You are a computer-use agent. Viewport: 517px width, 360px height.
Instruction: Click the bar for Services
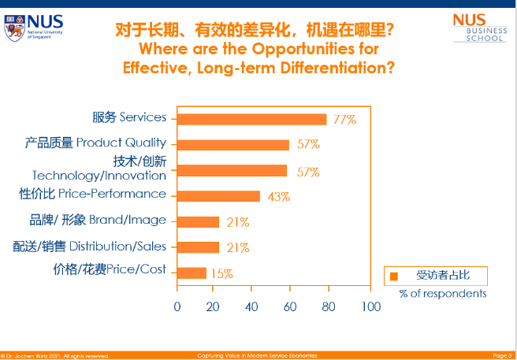251,119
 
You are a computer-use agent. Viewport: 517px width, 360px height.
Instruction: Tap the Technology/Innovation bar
232,170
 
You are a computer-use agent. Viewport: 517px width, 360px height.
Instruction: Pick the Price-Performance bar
218,196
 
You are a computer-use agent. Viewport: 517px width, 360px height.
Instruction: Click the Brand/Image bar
198,222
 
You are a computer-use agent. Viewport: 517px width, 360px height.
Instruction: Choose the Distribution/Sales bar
198,247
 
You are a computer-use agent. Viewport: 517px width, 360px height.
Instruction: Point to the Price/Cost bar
192,273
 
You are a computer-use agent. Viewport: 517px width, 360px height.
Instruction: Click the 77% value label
344,120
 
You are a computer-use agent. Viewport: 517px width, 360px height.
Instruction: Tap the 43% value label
279,197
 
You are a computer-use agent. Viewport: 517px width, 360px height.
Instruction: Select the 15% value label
221,273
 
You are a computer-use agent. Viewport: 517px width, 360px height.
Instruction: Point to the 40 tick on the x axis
252,306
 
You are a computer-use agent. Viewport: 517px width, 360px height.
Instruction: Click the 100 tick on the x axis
370,306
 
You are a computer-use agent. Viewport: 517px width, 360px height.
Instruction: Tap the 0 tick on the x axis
177,306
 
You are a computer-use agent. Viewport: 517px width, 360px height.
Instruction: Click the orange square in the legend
393,276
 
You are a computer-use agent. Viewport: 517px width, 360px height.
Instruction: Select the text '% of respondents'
442,293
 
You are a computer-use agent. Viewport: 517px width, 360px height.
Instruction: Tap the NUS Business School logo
479,27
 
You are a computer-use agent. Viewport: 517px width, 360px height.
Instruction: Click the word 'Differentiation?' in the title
343,67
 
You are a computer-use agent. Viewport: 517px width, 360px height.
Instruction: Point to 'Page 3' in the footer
502,355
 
